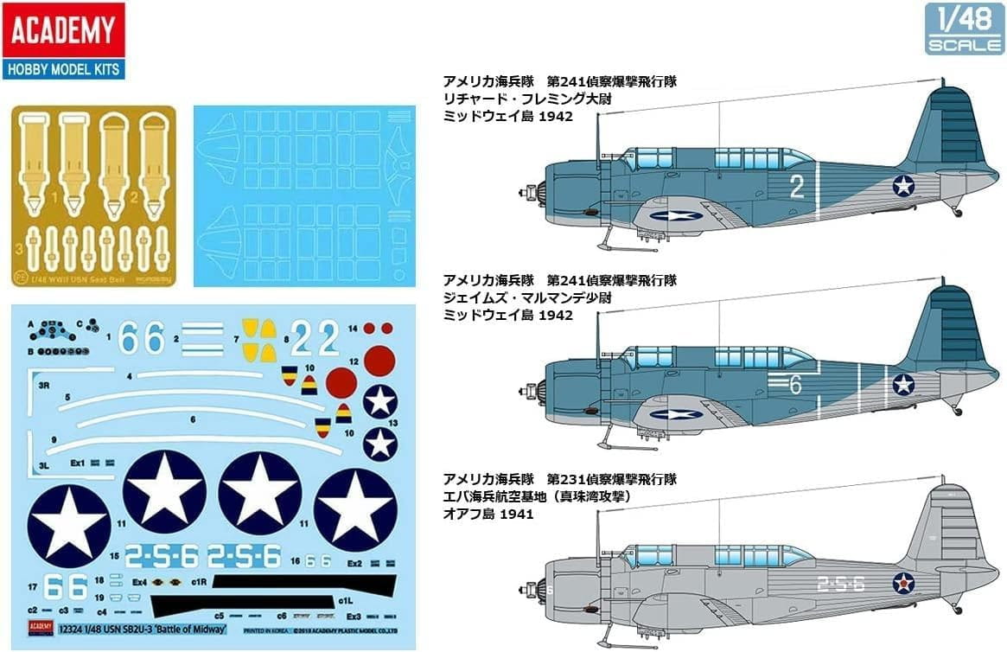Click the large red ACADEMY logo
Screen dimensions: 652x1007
click(63, 31)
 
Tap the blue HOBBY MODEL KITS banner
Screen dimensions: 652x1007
click(63, 68)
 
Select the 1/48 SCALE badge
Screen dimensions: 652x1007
click(964, 29)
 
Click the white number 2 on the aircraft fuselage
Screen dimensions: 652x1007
click(797, 186)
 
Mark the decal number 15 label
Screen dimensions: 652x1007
click(114, 553)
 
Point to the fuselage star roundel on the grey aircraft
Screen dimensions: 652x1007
click(904, 584)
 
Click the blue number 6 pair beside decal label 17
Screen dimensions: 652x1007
click(64, 587)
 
